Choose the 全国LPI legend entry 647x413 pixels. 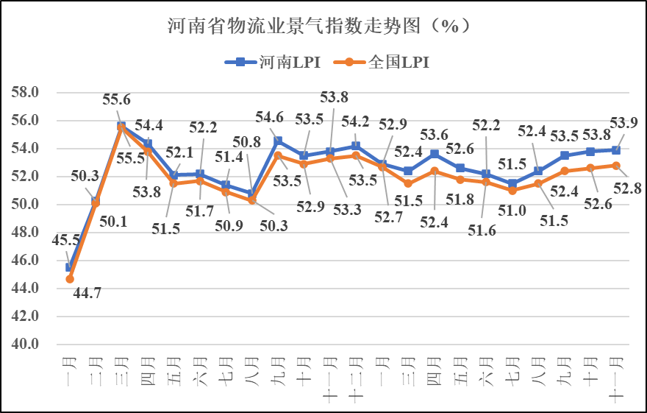click(383, 63)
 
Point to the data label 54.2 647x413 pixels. click(356, 119)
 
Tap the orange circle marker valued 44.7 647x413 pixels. click(70, 279)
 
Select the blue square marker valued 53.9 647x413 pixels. click(616, 150)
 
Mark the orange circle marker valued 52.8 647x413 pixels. click(616, 166)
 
